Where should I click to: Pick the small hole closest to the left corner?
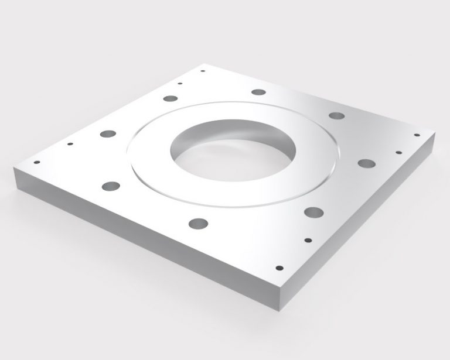coord(39,162)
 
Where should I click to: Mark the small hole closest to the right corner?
coord(417,136)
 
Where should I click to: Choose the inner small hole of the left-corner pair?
coord(70,143)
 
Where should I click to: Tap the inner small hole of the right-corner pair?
coord(398,153)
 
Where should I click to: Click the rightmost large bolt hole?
coord(366,163)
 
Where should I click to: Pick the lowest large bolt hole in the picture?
coord(197,224)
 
